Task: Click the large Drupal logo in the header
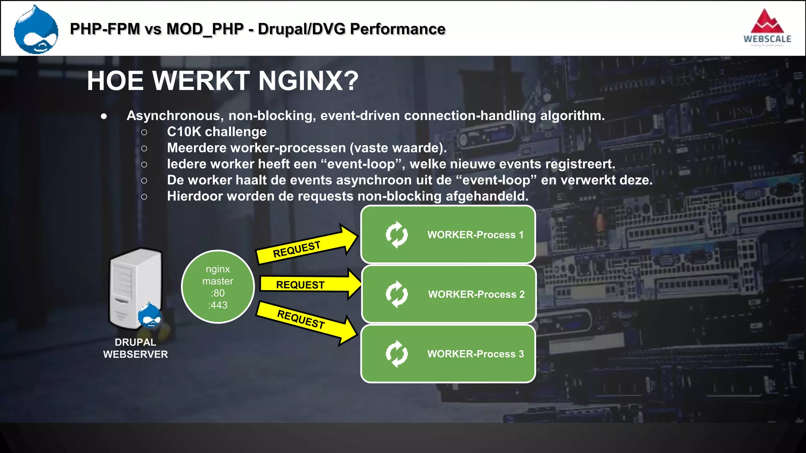coord(36,30)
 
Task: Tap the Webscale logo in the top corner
coord(767,28)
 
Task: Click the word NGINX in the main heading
coord(308,81)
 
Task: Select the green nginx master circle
coord(218,287)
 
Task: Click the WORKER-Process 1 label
coord(475,235)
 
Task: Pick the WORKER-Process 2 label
coord(476,294)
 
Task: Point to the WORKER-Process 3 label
coord(475,354)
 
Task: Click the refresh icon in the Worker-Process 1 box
coord(397,235)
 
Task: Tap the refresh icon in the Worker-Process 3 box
coord(397,354)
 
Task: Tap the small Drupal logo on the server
coord(150,315)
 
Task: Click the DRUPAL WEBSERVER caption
coord(135,348)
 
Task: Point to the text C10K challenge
coord(216,132)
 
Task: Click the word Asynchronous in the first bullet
coord(175,116)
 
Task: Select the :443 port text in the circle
coord(218,305)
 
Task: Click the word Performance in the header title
coord(397,29)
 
